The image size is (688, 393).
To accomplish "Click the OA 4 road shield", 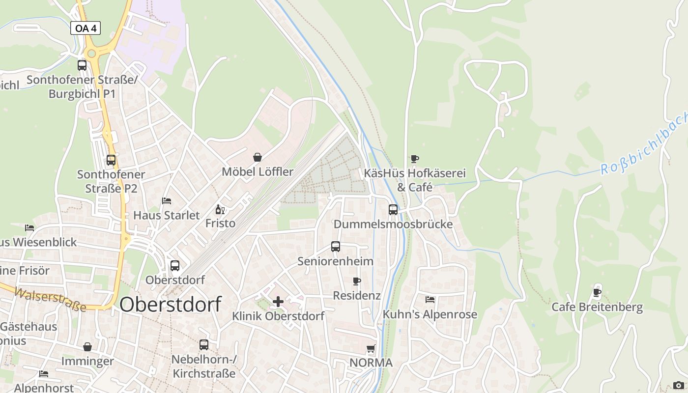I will tap(86, 28).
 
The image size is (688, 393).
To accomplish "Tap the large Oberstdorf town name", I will tap(170, 304).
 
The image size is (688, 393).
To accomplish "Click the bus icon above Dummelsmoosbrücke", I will tap(393, 210).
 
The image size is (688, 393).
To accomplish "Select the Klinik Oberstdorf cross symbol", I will tap(278, 302).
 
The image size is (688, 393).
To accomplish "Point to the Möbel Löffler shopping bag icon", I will tap(258, 157).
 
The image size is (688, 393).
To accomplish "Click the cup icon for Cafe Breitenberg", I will tap(597, 293).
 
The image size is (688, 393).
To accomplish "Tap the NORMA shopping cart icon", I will tap(371, 349).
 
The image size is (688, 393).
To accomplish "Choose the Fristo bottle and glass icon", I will tap(220, 210).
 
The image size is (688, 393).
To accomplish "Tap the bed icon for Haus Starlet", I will tap(167, 201).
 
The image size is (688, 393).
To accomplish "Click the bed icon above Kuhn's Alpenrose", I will tap(430, 300).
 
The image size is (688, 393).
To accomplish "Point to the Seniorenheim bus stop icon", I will tap(336, 247).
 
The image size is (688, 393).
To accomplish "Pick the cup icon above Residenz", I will tap(357, 281).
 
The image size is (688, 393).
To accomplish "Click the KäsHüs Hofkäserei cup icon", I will tap(415, 159).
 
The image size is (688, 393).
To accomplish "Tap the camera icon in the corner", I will tap(678, 385).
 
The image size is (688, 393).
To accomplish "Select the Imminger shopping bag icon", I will tap(87, 347).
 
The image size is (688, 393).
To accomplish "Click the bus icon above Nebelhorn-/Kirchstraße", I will tap(204, 345).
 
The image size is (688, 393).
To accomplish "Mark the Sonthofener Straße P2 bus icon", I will tap(111, 160).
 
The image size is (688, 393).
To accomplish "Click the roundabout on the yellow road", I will tap(91, 53).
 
